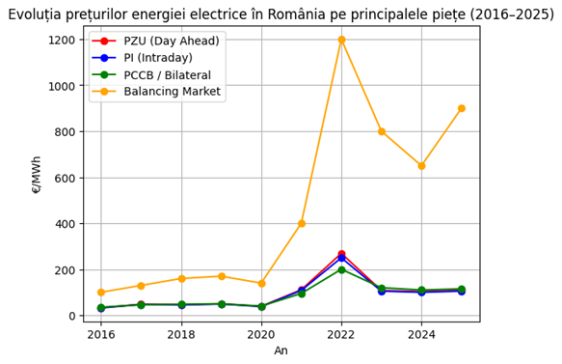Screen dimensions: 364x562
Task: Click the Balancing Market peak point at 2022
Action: tap(341, 40)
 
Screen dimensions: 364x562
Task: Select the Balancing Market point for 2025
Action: tap(462, 108)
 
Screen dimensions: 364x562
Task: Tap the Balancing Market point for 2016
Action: tap(101, 293)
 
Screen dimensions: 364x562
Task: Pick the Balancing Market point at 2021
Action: tap(302, 223)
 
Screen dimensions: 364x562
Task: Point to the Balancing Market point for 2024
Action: tap(421, 166)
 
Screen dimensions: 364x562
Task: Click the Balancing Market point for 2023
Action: tap(382, 131)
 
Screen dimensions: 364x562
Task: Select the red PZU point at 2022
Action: tap(341, 254)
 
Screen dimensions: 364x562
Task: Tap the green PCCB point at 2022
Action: tap(341, 269)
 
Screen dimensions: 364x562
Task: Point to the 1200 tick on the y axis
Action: tap(63, 40)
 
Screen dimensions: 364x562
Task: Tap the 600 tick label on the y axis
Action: tap(67, 178)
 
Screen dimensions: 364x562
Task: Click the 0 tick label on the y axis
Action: tap(72, 316)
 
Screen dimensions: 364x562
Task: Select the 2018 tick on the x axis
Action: tap(181, 334)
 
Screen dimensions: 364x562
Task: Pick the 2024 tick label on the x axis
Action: tap(421, 334)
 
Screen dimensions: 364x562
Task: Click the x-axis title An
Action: tap(281, 351)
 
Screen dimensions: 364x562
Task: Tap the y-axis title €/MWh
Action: tap(37, 174)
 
